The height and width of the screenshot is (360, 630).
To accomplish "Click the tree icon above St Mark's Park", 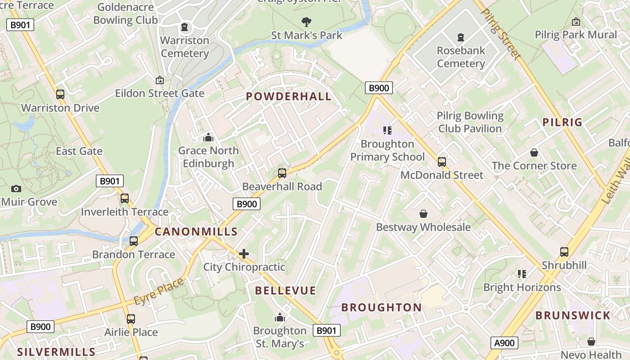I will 306,21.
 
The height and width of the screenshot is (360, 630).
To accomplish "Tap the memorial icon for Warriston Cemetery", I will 184,27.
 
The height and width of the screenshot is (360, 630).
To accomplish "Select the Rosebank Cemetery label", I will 461,57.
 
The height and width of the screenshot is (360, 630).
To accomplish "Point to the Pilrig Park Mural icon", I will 576,22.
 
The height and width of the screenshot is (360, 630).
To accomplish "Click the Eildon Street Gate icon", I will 159,80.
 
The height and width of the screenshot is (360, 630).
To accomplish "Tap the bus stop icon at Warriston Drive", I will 60,94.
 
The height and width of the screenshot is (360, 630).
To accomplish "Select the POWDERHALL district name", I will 288,96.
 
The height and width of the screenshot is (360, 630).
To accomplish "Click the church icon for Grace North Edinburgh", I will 208,137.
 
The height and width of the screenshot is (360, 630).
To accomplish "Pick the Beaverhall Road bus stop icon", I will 282,173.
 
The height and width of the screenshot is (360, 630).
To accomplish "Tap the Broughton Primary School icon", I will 387,130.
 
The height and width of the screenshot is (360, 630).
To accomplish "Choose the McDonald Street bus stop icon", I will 442,162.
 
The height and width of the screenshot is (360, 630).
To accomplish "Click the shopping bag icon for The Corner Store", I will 534,153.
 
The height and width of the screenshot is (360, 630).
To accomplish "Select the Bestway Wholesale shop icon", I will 423,213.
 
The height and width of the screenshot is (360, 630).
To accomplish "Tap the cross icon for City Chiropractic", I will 244,254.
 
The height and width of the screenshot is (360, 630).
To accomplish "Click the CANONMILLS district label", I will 196,232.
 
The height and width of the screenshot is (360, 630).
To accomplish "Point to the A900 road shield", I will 504,343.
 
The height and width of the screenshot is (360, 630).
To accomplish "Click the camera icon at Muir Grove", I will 16,189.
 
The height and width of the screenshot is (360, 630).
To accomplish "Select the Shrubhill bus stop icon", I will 564,252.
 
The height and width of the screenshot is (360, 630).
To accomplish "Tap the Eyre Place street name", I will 159,291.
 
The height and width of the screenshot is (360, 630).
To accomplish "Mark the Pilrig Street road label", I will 500,34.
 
